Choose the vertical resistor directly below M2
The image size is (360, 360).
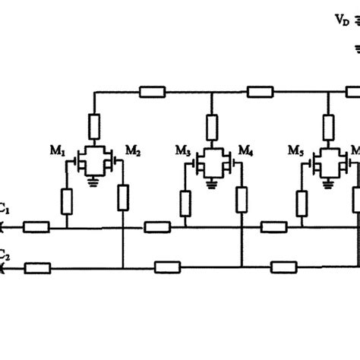coord(123,199)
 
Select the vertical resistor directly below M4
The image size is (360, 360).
coord(242,199)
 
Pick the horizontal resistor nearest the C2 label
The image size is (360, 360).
coord(36,267)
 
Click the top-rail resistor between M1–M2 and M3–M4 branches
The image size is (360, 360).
coord(153,93)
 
